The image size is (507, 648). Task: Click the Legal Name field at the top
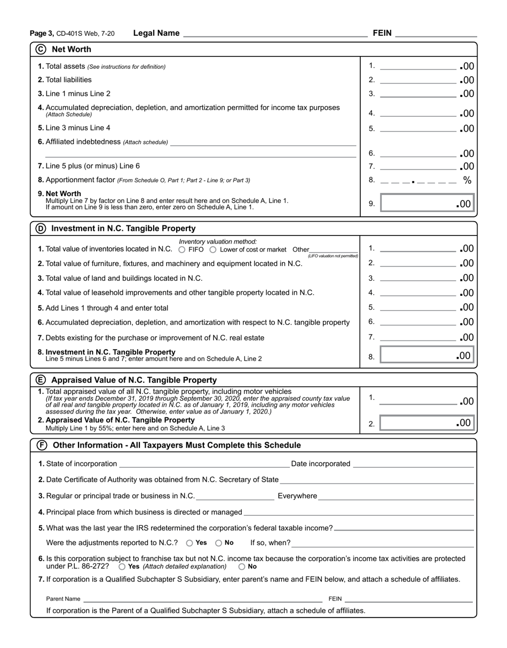point(275,33)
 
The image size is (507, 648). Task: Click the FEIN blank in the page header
point(436,33)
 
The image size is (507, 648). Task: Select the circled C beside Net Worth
point(41,49)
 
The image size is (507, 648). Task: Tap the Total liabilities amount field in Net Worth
point(418,80)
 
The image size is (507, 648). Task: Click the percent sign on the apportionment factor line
point(468,180)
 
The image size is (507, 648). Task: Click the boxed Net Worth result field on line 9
point(426,204)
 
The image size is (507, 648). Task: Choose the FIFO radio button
point(182,249)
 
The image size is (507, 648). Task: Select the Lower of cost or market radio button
point(213,249)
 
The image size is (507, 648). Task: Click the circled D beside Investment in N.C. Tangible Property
point(41,228)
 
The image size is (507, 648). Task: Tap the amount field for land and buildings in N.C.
point(418,278)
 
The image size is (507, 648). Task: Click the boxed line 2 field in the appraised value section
point(426,423)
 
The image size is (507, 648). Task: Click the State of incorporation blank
point(204,464)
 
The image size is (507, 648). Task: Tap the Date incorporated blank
point(413,464)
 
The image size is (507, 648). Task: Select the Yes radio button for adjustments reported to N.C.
point(189,543)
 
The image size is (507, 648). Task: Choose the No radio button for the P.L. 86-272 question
point(242,566)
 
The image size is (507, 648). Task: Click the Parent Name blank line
point(203,599)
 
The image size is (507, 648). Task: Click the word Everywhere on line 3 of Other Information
point(297,496)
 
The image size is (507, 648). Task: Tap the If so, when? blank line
point(383,543)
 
